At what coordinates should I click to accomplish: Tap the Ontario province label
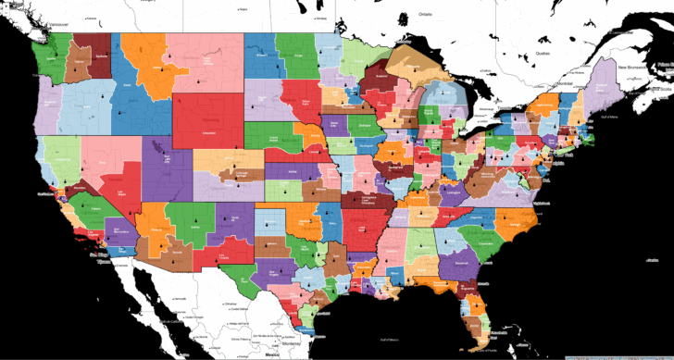coord(425,15)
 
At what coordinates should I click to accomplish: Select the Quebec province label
coord(555,54)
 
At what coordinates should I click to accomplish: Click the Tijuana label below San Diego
coord(94,262)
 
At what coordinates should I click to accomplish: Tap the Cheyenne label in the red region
coord(212,132)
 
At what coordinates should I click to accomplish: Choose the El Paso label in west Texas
coord(220,258)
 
